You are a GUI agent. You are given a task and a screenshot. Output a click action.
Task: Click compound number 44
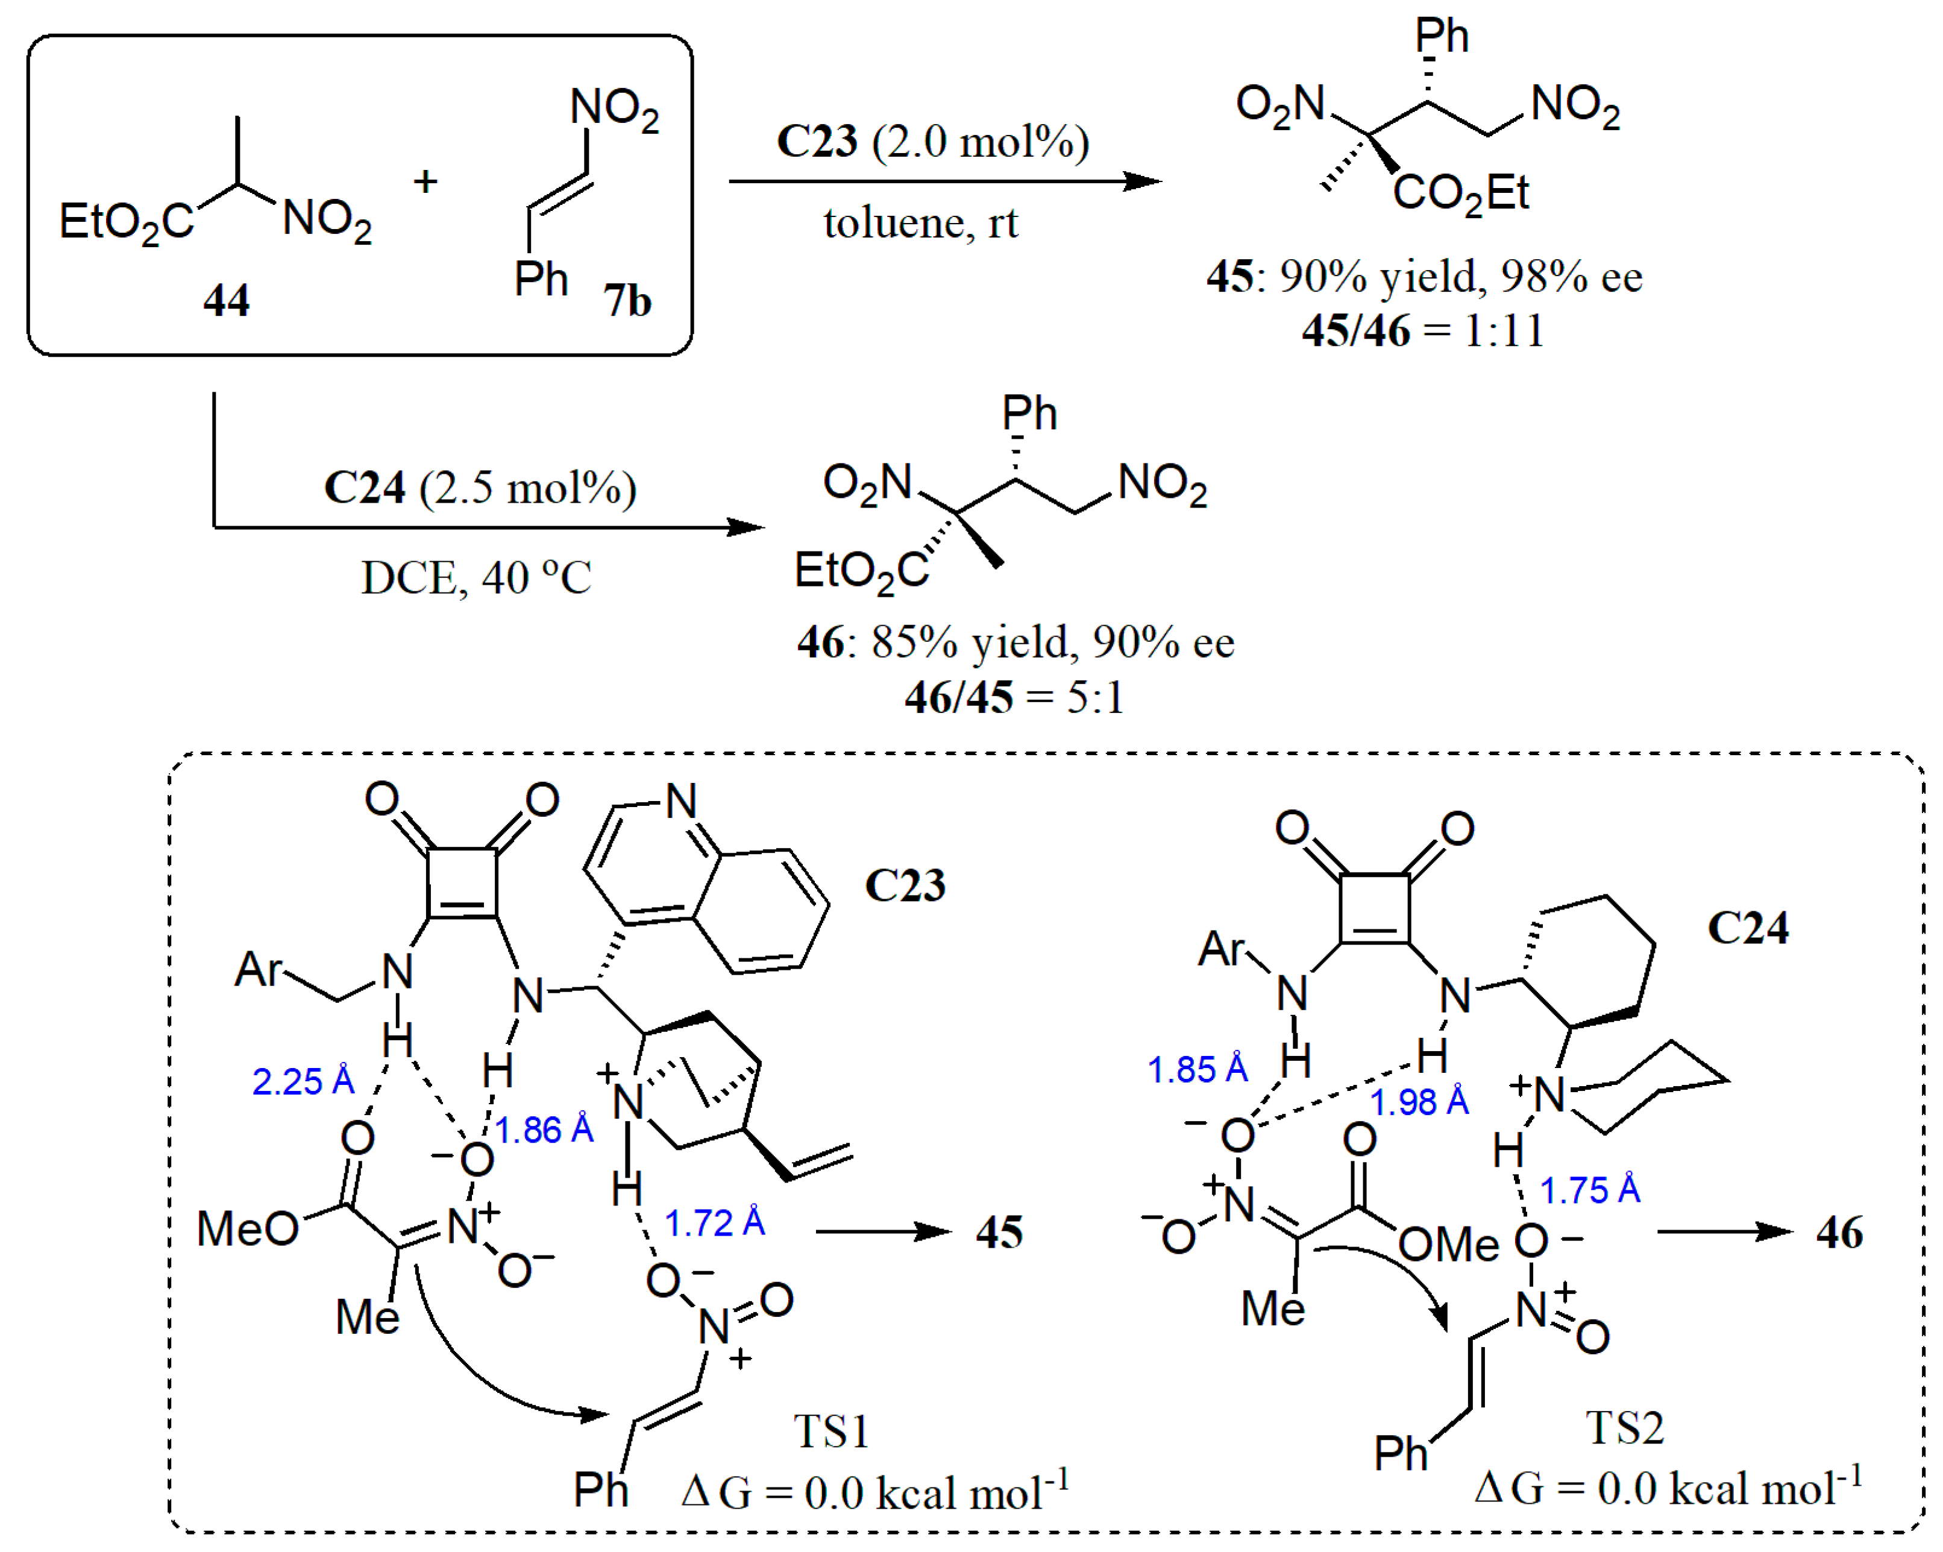click(x=225, y=300)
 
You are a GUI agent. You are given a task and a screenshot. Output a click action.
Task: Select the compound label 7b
click(x=627, y=300)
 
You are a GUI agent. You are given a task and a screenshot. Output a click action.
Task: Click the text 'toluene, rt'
click(x=920, y=222)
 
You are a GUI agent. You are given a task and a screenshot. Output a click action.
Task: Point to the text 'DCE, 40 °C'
click(x=476, y=577)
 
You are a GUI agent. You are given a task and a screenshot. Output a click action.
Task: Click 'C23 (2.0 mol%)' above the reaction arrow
click(x=933, y=142)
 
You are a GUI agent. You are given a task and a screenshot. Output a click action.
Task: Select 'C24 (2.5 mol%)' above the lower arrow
click(x=480, y=488)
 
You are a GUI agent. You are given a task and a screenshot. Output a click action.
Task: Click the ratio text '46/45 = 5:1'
click(x=1015, y=697)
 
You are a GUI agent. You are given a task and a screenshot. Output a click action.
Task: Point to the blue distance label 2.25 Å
click(x=303, y=1081)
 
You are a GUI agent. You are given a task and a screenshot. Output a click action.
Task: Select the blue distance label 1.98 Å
click(x=1419, y=1101)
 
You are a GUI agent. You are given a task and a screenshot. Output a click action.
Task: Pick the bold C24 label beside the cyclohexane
click(x=1748, y=928)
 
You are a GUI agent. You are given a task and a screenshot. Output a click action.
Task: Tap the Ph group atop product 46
click(x=1029, y=413)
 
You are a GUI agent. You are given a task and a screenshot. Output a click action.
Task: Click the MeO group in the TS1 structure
click(x=247, y=1228)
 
